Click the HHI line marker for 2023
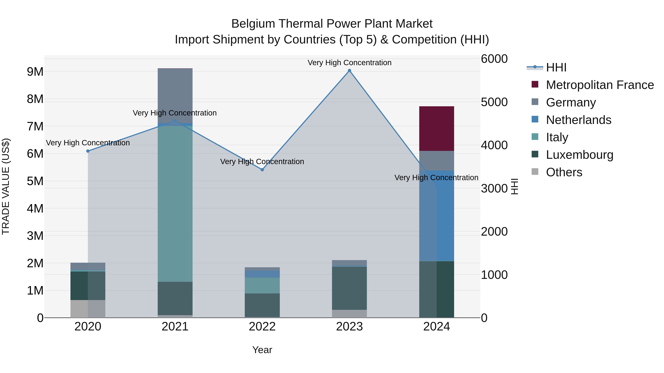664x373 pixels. tap(349, 71)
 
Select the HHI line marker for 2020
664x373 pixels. tap(88, 151)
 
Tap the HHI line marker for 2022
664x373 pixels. tap(262, 170)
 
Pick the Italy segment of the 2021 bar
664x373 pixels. tap(175, 204)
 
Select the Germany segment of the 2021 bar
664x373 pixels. tap(175, 95)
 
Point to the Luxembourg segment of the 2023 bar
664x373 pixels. tap(349, 288)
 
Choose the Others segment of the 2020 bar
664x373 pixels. tap(88, 309)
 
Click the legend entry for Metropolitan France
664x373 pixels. tap(600, 85)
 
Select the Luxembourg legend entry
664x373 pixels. tap(580, 155)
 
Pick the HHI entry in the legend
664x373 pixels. tap(556, 67)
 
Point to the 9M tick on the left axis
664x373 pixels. tap(35, 72)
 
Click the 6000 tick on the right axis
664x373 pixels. tap(494, 59)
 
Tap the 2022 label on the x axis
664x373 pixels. tap(262, 327)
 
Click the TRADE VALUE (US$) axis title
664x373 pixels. tap(6, 186)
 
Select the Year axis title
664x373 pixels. tap(262, 350)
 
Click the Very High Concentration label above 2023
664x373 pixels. tap(349, 63)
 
